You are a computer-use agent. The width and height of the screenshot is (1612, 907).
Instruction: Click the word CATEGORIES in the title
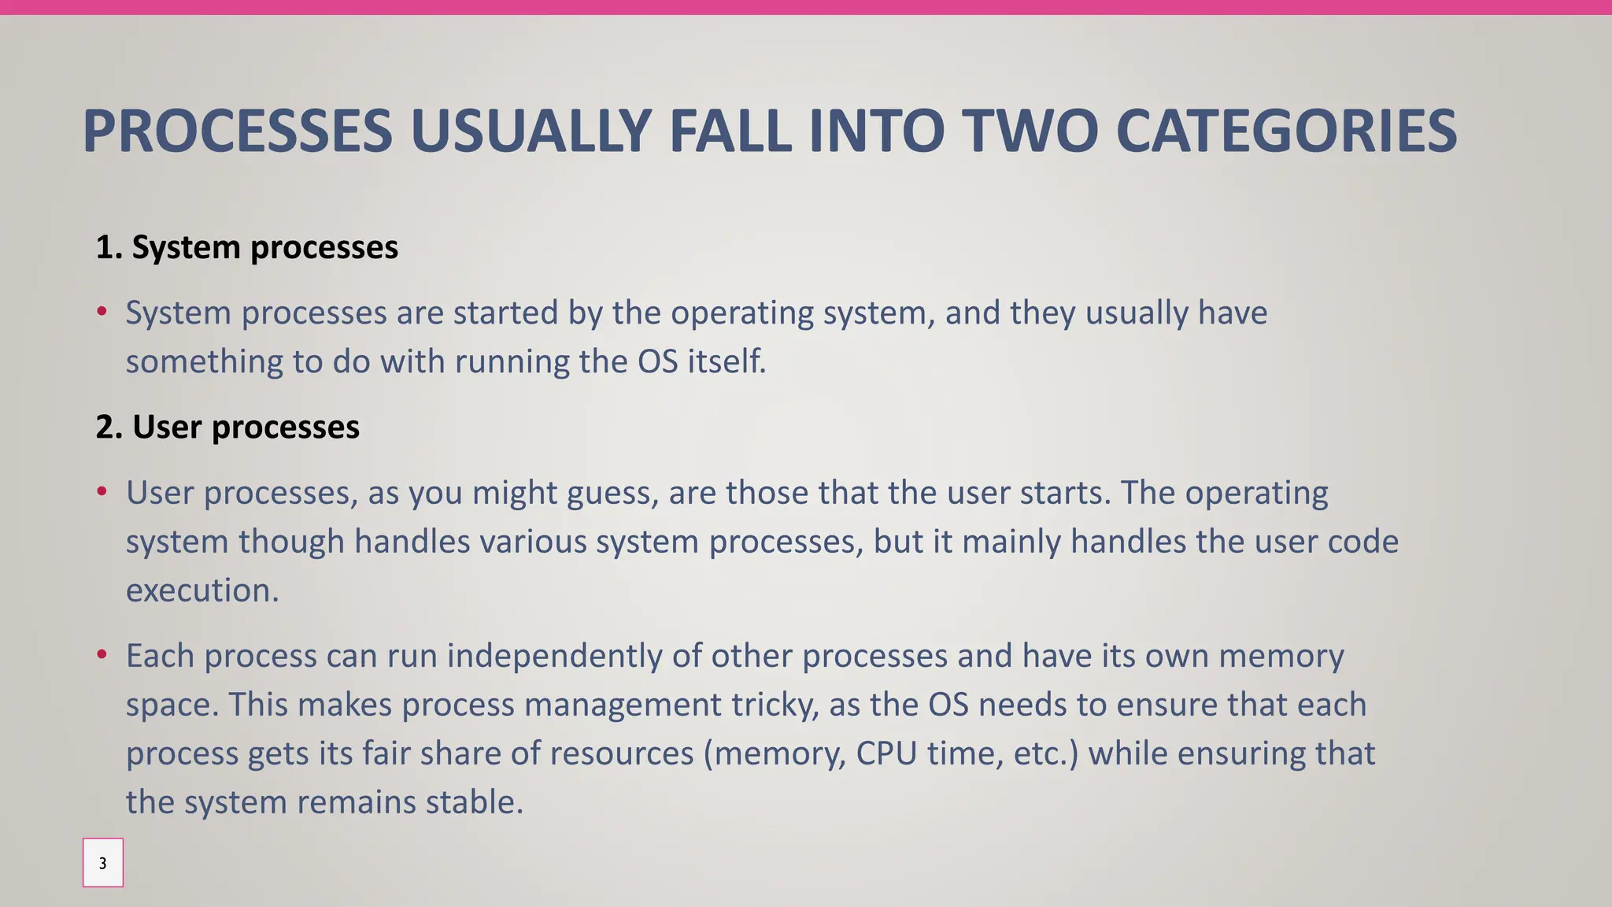[1286, 131]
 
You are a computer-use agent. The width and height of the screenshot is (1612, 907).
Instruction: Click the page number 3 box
[103, 863]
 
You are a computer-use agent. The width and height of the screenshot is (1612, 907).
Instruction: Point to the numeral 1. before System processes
[109, 247]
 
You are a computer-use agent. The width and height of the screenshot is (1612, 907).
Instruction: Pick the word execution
[202, 590]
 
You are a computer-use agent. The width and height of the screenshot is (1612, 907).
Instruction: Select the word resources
[621, 753]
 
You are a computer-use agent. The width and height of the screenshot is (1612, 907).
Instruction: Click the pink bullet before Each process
[102, 655]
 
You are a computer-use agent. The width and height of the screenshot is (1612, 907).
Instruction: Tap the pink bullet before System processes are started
[102, 313]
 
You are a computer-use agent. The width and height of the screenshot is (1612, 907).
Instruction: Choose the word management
[622, 705]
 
